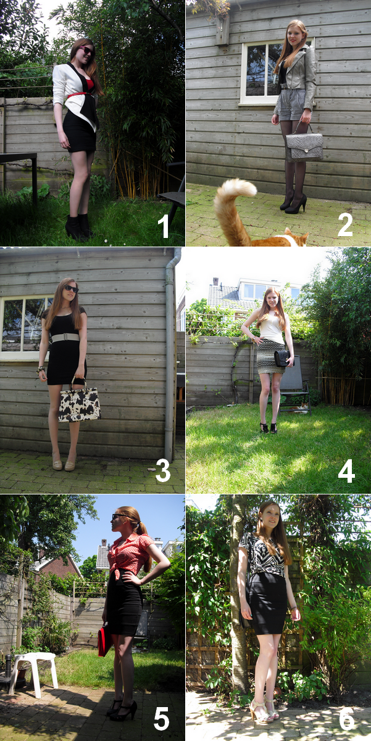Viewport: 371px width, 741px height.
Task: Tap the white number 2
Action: pos(345,225)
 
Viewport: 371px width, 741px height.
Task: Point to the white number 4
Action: pos(346,471)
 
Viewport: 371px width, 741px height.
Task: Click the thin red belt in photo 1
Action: pos(80,95)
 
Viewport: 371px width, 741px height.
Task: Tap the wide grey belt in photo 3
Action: pos(65,337)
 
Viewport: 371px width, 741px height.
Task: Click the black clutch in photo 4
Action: pos(283,359)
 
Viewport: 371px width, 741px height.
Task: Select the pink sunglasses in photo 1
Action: pos(87,51)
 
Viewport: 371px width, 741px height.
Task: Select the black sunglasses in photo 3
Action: pos(71,289)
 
